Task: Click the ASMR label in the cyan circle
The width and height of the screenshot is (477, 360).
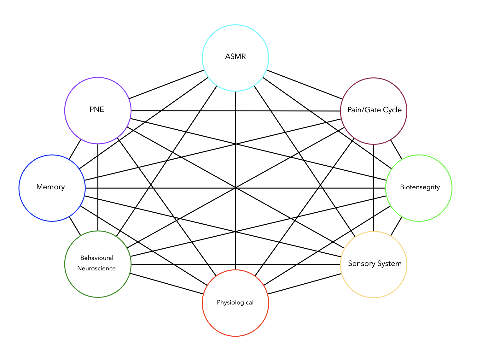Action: (x=236, y=56)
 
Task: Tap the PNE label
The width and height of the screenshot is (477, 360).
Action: (x=97, y=109)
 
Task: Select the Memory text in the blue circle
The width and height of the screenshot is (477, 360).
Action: (x=50, y=187)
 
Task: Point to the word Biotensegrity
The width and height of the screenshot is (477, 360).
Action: (x=420, y=187)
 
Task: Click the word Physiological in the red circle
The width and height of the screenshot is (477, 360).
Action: (x=235, y=302)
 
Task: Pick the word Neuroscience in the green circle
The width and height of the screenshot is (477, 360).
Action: (x=96, y=268)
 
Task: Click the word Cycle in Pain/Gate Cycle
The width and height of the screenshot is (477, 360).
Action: (x=392, y=110)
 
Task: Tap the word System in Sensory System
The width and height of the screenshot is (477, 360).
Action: (x=389, y=263)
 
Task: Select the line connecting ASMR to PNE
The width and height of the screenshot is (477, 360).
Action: (x=166, y=84)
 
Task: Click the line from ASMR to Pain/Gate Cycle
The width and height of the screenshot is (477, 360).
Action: (x=305, y=84)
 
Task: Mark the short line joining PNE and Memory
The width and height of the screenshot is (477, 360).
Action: (x=75, y=149)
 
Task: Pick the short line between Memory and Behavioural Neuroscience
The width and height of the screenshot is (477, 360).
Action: (x=75, y=226)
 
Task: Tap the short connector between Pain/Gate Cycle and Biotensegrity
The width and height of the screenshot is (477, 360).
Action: (x=396, y=150)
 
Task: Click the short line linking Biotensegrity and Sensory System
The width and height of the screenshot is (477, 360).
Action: (x=396, y=226)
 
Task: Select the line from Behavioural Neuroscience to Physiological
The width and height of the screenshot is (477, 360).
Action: (x=166, y=284)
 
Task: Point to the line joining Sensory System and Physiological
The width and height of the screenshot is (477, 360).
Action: (x=305, y=284)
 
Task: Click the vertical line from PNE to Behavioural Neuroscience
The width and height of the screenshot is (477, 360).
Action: (x=98, y=187)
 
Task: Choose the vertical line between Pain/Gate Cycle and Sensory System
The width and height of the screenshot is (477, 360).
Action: (x=374, y=188)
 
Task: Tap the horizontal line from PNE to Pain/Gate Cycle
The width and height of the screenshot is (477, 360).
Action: (x=236, y=111)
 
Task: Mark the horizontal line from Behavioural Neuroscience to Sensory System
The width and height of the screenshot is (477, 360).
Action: (x=236, y=264)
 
